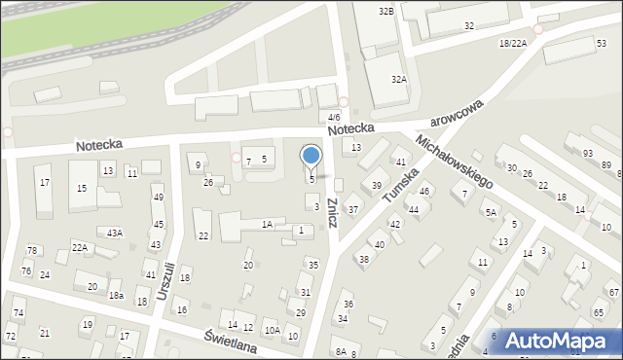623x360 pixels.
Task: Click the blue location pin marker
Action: pos(311,157)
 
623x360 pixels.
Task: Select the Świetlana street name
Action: pos(230,340)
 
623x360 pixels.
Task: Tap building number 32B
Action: pos(386,11)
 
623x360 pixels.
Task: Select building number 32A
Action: pos(399,80)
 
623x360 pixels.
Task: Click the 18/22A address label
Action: pos(512,44)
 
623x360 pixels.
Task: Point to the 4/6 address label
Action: pos(334,117)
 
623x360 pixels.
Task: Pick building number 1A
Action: pos(267,225)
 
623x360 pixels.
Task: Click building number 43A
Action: pos(115,233)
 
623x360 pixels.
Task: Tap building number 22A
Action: pos(80,248)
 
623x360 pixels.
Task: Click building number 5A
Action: pos(492,212)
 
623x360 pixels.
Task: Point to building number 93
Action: pos(587,154)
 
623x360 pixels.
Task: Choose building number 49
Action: pos(158,198)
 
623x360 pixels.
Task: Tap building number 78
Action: pos(31,251)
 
